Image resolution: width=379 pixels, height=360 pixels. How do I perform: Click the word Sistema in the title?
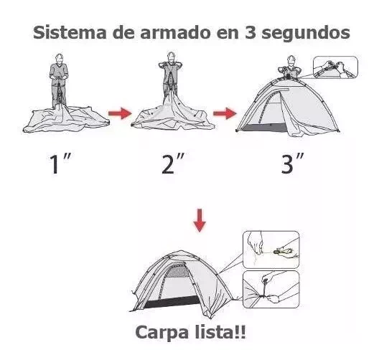(70, 32)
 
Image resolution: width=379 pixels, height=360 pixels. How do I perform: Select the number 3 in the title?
(251, 32)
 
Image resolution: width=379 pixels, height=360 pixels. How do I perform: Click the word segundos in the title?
(306, 34)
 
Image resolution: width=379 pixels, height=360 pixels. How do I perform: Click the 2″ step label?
(172, 164)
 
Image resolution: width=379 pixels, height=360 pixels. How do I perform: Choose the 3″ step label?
(292, 164)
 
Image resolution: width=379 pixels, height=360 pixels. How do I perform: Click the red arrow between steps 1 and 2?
(120, 113)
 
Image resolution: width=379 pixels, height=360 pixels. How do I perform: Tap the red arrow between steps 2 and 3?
(225, 113)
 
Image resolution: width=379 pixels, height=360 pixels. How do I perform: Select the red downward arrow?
(200, 220)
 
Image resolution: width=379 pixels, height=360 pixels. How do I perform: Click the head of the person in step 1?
(59, 58)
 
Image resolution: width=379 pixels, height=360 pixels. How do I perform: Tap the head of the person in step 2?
(171, 57)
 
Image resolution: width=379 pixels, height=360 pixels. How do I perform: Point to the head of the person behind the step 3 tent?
(291, 60)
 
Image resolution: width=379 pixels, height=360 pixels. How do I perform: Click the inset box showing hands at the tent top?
(335, 67)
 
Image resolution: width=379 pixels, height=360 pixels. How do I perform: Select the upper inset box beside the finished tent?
(271, 250)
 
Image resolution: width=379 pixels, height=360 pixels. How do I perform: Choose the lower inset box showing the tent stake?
(271, 289)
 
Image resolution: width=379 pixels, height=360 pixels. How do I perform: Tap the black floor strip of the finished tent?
(172, 302)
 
